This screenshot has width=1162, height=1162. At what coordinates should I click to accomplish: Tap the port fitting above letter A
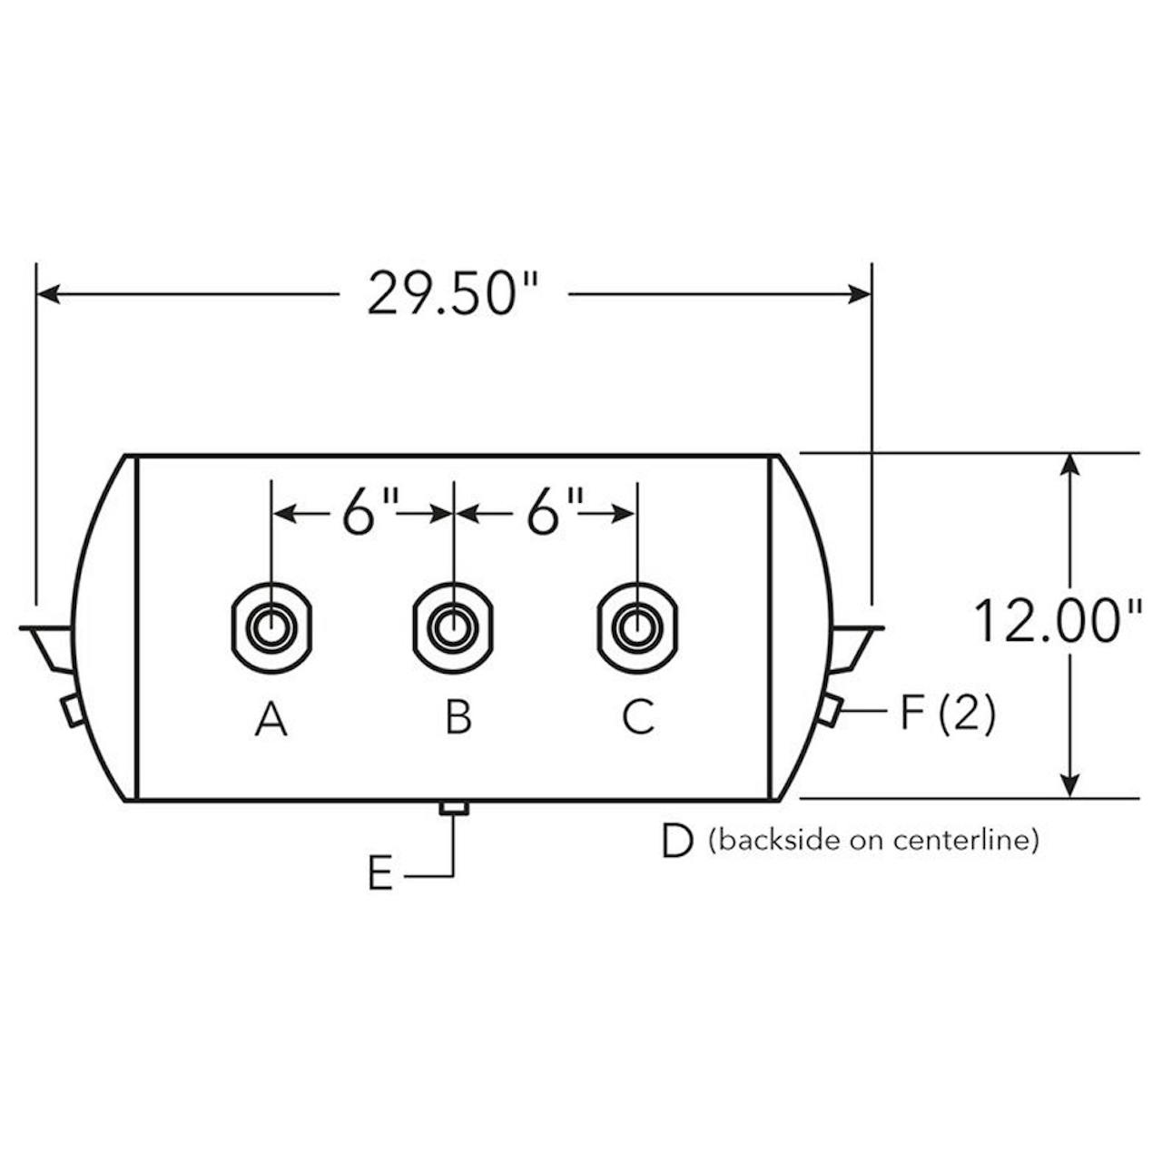click(x=271, y=627)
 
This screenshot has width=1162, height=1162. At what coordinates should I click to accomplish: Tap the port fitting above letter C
click(x=637, y=627)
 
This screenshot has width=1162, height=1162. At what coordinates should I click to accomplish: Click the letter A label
click(x=271, y=720)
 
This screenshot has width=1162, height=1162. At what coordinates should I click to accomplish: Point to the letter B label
click(x=458, y=717)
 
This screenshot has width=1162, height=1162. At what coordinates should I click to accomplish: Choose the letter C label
click(x=638, y=717)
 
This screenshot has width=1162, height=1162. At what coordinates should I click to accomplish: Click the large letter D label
click(x=677, y=842)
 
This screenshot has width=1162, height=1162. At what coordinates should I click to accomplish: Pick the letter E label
click(x=380, y=875)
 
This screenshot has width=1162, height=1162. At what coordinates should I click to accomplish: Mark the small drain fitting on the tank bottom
click(x=453, y=808)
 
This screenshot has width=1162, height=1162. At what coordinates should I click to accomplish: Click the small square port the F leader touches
click(x=829, y=709)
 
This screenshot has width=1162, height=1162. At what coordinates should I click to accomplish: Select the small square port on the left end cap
click(x=72, y=709)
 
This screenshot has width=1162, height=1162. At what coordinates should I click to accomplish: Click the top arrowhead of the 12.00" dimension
click(x=1071, y=464)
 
